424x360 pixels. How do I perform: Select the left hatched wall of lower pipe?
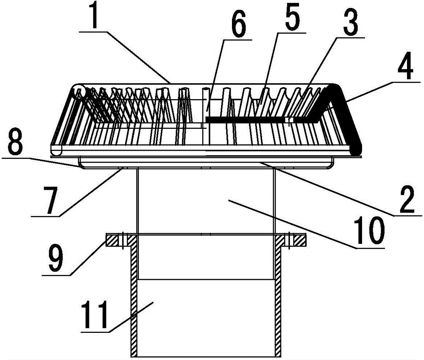134,297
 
